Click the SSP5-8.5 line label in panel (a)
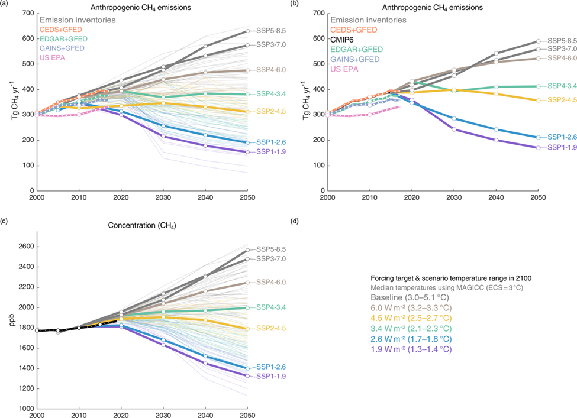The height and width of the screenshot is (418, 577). (267, 30)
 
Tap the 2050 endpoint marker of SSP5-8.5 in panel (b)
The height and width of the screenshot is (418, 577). (538, 41)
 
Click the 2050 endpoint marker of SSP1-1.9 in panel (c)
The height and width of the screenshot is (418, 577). (247, 376)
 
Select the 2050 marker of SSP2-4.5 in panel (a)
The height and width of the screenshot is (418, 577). (247, 111)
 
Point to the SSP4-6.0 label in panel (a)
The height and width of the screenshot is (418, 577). (267, 70)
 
